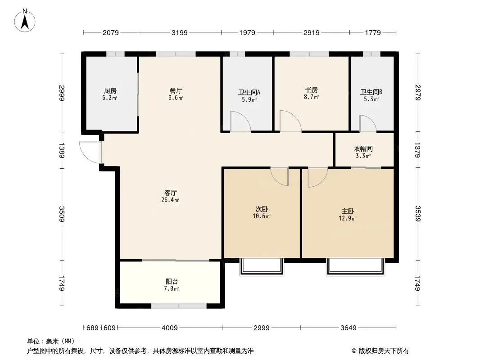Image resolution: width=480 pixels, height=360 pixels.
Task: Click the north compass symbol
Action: click(25, 20)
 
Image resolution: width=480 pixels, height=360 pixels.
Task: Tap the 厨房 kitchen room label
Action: click(110, 91)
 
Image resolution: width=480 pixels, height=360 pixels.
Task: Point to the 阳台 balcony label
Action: click(172, 282)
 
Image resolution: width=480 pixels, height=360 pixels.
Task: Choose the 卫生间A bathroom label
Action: click(249, 93)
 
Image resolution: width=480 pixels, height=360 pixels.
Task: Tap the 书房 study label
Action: click(311, 90)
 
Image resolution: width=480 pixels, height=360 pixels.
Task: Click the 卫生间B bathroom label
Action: click(371, 93)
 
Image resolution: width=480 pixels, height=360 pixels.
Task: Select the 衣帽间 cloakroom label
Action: click(363, 149)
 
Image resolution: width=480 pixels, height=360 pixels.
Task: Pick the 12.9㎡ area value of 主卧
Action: click(348, 219)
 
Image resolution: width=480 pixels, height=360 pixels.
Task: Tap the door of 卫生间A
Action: click(240, 121)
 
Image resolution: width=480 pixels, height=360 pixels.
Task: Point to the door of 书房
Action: click(290, 121)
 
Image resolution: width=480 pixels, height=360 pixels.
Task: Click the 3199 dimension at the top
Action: click(179, 32)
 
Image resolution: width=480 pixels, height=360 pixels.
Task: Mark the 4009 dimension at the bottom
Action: click(170, 328)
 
